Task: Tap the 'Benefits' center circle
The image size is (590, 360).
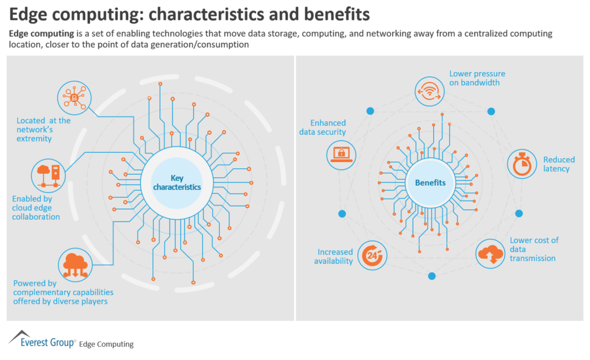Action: [430, 183]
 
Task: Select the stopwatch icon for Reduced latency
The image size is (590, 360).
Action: [522, 164]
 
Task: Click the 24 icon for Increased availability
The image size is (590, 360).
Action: [372, 256]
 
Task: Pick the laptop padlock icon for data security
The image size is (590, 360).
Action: [341, 153]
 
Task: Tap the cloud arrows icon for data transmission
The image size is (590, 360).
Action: [491, 254]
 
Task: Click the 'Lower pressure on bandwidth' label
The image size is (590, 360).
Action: [477, 78]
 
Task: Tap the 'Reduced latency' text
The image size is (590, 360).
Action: [558, 164]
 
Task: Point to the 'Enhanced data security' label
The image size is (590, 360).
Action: [322, 127]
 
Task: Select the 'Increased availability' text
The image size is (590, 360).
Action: [333, 257]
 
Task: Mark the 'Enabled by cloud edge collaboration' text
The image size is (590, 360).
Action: [36, 208]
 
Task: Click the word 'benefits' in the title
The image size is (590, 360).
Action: [331, 12]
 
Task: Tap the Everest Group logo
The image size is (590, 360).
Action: [40, 340]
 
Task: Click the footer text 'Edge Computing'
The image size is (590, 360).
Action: [106, 344]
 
